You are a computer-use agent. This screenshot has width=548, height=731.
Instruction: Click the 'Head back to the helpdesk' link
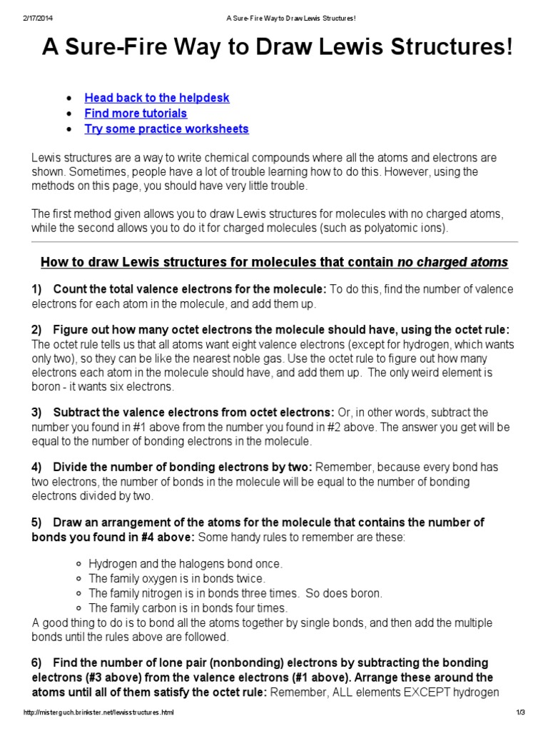click(157, 98)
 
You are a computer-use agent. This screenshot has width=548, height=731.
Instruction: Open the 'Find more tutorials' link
click(136, 114)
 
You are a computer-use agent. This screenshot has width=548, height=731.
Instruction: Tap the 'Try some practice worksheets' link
click(166, 129)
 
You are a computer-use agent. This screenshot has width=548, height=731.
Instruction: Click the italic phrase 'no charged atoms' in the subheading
click(452, 263)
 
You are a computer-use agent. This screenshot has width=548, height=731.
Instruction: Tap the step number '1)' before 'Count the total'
click(37, 289)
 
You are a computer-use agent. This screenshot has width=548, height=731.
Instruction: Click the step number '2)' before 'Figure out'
click(37, 330)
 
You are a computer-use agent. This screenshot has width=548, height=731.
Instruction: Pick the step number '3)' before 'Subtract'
click(37, 413)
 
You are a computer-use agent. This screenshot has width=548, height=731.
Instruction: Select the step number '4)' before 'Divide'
click(37, 468)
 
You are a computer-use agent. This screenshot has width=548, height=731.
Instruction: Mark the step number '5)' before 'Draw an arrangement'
click(37, 523)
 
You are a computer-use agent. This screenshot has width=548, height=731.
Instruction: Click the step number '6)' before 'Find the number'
click(37, 663)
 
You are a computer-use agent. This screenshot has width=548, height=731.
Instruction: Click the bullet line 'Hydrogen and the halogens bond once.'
click(186, 563)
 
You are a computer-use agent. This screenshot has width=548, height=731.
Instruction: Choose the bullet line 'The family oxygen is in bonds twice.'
click(177, 578)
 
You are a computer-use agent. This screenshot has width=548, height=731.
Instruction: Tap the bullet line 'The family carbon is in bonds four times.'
click(188, 608)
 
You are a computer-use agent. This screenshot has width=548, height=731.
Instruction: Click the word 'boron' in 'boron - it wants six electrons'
click(47, 387)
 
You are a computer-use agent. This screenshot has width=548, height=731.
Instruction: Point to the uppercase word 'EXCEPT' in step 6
click(447, 692)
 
